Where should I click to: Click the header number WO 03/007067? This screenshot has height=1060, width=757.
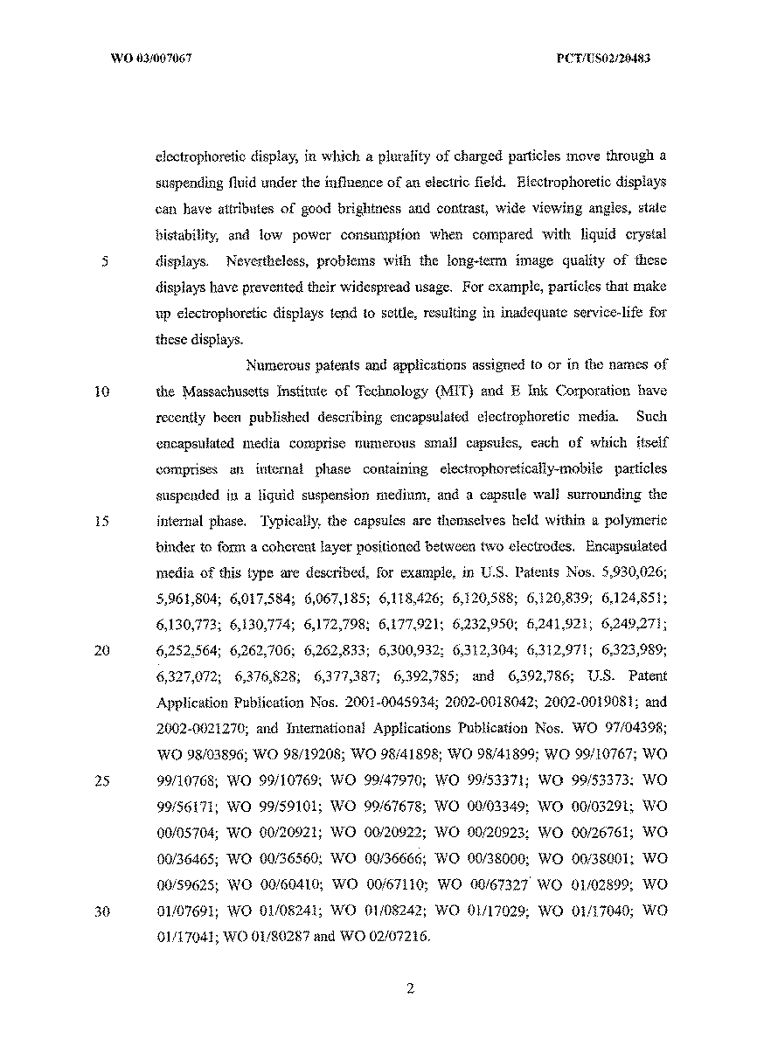tap(151, 59)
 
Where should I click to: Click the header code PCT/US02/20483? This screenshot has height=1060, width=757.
tap(602, 59)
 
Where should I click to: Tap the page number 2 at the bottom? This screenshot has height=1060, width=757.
tap(409, 989)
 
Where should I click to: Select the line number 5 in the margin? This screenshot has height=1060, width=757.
tap(103, 261)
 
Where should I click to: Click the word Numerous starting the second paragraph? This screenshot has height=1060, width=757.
tap(279, 365)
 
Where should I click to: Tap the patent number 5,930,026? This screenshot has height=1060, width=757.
tap(635, 572)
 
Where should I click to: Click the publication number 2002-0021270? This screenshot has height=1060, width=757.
tap(194, 728)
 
